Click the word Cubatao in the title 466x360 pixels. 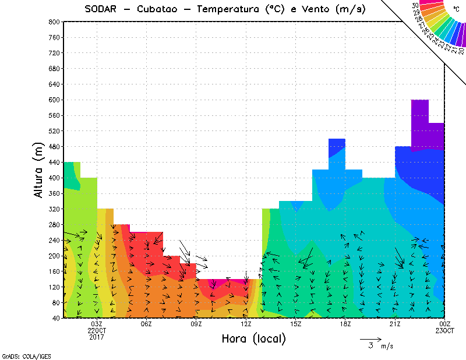point(160,9)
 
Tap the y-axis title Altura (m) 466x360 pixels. point(39,171)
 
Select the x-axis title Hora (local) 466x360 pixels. point(253,338)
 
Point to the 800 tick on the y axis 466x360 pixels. point(54,22)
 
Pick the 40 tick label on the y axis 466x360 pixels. point(56,318)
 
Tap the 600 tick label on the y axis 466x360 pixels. point(54,100)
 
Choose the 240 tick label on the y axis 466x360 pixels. point(54,240)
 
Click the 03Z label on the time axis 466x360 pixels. point(97,324)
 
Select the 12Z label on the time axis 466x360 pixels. point(246,324)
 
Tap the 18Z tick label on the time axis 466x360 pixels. point(345,324)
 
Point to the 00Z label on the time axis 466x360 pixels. point(445,324)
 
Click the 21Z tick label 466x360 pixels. point(395,324)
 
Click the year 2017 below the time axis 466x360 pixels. point(97,337)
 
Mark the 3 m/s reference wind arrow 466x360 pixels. point(370,338)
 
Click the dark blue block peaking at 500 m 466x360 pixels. point(337,148)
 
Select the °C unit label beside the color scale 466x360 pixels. point(456,9)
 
